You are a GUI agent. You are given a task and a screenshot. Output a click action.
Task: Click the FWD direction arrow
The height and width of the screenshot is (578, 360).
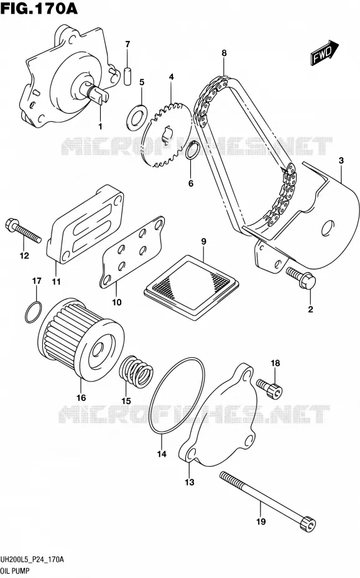325,53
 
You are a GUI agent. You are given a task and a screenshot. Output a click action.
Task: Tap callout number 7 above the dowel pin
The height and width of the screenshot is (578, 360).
127,45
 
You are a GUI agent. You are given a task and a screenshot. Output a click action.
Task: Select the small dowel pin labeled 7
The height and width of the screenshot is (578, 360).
127,76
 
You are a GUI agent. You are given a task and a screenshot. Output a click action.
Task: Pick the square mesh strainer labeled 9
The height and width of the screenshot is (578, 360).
192,287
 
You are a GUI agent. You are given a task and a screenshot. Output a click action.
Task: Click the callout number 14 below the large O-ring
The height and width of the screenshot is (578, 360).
162,454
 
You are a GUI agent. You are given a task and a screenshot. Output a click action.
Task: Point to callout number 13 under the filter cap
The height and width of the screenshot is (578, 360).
189,482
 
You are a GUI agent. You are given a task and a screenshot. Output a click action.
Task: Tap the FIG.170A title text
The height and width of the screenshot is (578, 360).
39,8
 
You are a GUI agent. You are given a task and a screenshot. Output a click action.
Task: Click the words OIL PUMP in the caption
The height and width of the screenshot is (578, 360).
15,571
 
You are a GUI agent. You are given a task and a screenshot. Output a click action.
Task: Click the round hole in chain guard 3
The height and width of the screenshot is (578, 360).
327,228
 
